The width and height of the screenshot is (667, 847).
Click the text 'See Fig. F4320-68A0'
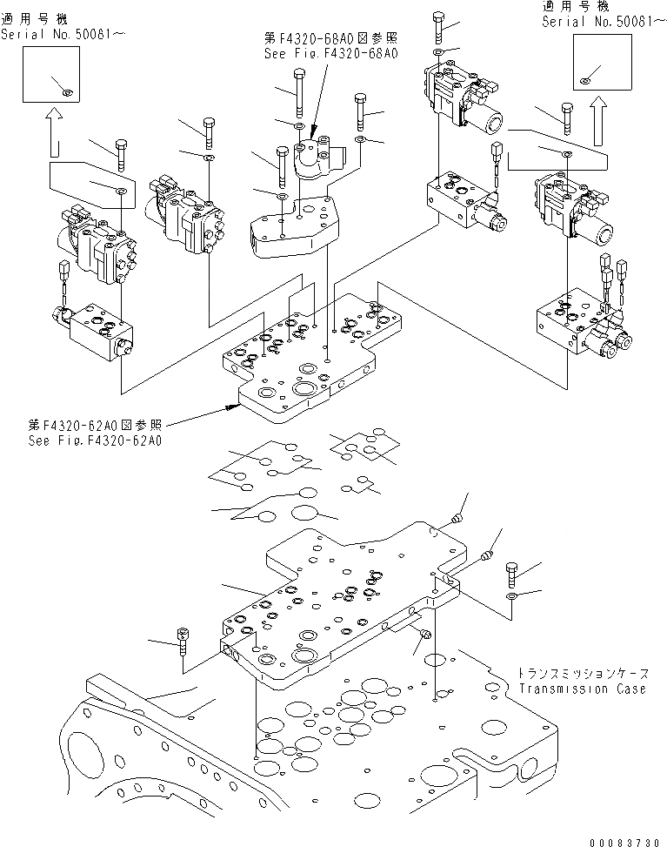click(x=330, y=53)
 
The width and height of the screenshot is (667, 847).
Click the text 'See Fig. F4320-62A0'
click(x=95, y=440)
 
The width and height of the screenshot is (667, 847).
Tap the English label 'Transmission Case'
click(x=583, y=689)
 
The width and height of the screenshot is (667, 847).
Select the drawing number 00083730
click(x=624, y=842)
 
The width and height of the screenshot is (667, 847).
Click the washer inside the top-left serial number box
click(x=66, y=93)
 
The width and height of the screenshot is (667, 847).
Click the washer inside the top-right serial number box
click(x=584, y=81)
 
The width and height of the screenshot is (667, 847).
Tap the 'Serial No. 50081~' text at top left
click(x=63, y=34)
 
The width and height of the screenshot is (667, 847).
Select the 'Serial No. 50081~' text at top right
click(x=604, y=21)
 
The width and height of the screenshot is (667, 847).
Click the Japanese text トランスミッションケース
click(x=583, y=674)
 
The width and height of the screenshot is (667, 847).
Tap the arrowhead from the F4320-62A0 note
click(x=234, y=407)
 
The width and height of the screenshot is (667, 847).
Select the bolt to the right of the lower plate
click(x=511, y=575)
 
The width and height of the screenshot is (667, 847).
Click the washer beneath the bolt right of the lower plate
click(x=511, y=596)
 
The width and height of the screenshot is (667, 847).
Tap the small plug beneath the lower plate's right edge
click(x=424, y=634)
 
